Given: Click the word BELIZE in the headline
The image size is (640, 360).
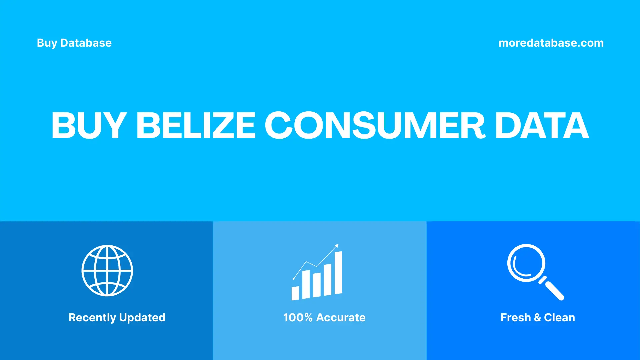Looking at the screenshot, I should click(196, 126).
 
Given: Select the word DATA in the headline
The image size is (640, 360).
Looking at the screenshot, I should click(542, 126).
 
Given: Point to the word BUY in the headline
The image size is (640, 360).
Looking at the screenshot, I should click(89, 126).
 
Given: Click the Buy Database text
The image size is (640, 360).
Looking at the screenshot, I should click(74, 43).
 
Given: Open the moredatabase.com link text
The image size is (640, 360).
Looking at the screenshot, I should click(551, 43).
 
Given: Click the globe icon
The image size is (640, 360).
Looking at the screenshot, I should click(107, 271).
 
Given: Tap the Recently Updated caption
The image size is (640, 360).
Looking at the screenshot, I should click(117, 317).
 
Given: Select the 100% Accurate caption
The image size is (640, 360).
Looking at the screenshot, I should click(324, 317).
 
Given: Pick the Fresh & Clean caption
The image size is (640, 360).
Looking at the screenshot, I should click(537, 317).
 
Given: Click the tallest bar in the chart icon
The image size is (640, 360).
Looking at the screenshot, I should click(338, 273).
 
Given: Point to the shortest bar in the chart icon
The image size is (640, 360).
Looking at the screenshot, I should click(295, 293).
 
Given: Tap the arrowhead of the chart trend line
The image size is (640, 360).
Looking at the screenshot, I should click(337, 246).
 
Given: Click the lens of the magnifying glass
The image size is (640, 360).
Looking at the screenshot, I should click(526, 263).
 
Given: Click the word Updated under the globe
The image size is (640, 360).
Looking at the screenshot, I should click(142, 317).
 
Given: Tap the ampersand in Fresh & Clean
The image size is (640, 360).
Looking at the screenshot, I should click(537, 317).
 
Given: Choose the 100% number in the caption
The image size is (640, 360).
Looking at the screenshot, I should click(298, 317).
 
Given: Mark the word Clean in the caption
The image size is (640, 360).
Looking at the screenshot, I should click(559, 317).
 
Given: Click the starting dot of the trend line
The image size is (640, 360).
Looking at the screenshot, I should click(294, 279).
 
